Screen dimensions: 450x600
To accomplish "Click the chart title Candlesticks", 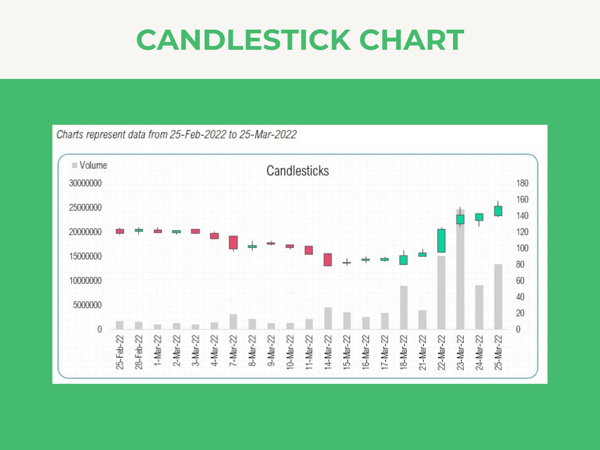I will point(298,171).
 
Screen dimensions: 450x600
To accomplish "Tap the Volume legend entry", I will point(90,165).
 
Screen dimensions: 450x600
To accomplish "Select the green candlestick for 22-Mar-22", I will point(441,241).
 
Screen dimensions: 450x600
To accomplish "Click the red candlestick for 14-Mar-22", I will point(328,259).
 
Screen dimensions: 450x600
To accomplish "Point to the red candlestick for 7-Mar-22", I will point(233,242).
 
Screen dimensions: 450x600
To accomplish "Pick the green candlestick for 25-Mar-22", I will point(498,211).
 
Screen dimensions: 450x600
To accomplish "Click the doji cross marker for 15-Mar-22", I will point(346,262).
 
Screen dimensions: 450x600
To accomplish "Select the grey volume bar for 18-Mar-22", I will point(403,307).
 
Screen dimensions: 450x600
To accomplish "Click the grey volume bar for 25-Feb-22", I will point(120,325).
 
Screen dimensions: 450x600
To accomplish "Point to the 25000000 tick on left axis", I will point(85,208).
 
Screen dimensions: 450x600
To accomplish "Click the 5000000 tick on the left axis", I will point(87,305).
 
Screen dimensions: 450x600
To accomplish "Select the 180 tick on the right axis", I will point(522,183).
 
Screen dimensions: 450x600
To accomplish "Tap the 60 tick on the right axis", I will point(520,280).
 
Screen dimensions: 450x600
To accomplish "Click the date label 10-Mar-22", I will point(290,352).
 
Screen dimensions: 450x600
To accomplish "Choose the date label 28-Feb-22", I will point(139,352).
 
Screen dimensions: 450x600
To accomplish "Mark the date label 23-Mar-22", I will point(460,352).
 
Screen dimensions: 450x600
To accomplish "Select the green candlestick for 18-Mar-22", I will point(403,260).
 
